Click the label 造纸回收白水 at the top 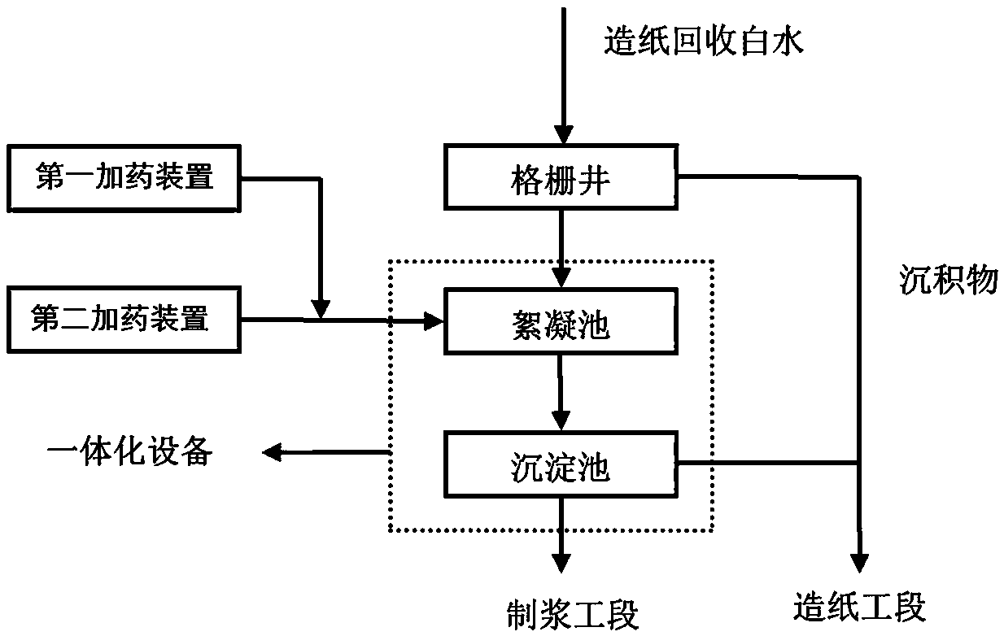[703, 41]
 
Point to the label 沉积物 [949, 281]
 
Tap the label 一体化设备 [130, 451]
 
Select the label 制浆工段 [572, 615]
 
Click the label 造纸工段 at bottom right [859, 607]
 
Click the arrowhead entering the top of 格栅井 [563, 134]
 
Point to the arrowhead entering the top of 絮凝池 [561, 277]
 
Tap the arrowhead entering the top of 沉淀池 [561, 421]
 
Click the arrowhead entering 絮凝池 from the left [434, 321]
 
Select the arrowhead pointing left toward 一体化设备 [272, 452]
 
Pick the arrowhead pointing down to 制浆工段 [561, 564]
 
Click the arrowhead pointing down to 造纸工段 [859, 564]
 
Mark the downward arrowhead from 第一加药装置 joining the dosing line [321, 309]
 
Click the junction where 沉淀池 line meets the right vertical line [859, 462]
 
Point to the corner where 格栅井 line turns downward [859, 177]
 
